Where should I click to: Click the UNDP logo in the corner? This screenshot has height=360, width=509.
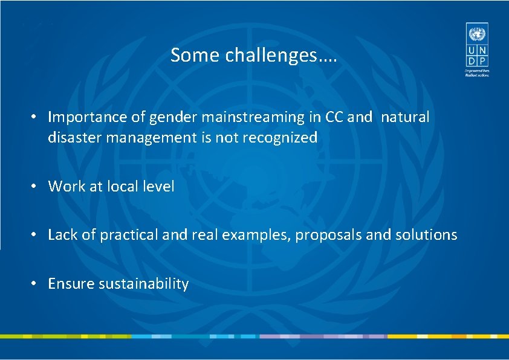[x=476, y=48]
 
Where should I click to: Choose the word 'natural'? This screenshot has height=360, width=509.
[x=405, y=117]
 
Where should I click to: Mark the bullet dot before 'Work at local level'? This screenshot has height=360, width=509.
[x=36, y=187]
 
